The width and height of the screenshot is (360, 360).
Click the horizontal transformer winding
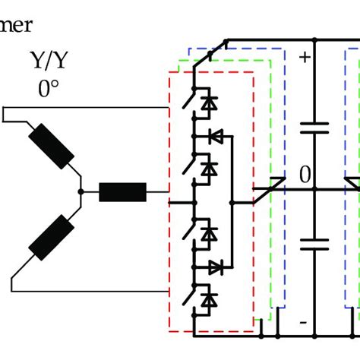(x=122, y=193)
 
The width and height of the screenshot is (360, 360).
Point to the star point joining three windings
(x=82, y=193)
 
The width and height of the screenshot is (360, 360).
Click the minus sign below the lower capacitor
(x=304, y=323)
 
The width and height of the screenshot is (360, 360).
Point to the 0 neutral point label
(x=305, y=176)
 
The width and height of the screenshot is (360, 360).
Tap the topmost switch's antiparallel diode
(x=211, y=102)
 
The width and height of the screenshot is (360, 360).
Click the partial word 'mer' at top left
(x=17, y=26)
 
